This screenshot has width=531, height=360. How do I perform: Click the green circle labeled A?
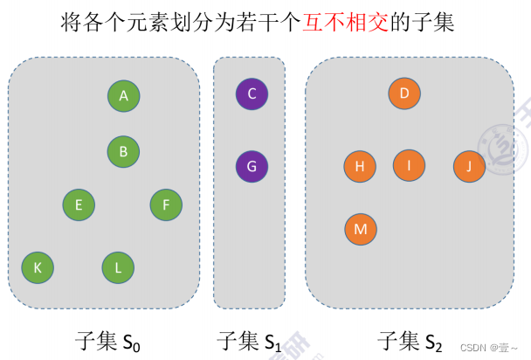(x=124, y=96)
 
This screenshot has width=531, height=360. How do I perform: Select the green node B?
(x=124, y=151)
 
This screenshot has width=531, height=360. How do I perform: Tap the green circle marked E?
(x=79, y=205)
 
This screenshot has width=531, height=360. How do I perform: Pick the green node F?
(x=166, y=205)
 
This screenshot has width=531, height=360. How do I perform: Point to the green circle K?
(x=38, y=267)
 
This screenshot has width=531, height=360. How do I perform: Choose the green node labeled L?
(x=118, y=267)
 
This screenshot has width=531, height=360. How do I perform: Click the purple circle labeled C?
(x=252, y=93)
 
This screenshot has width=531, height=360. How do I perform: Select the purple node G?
(x=252, y=166)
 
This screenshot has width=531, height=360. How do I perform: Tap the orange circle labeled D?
(x=404, y=93)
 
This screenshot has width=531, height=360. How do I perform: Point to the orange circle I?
(x=409, y=164)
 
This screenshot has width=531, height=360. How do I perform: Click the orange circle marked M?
(x=360, y=229)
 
